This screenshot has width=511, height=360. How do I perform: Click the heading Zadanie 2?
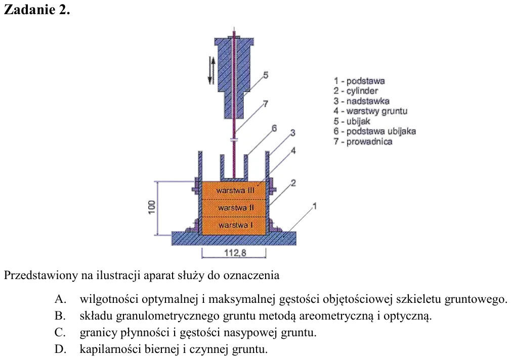[x=37, y=10]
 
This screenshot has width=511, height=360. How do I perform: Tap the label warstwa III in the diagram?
[x=235, y=191]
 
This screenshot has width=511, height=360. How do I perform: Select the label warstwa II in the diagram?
[x=236, y=207]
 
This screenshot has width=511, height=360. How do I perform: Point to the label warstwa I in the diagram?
[x=235, y=225]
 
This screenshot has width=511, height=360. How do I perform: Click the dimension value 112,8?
[x=235, y=252]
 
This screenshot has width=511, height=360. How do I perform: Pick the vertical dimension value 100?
[x=152, y=207]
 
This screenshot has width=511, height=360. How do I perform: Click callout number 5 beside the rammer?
[x=266, y=75]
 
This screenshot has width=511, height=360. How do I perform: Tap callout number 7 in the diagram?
[x=266, y=104]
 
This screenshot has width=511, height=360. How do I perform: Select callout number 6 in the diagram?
[x=274, y=128]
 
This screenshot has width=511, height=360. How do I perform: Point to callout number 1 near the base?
[x=315, y=206]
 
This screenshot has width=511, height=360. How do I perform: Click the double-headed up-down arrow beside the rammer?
[x=212, y=70]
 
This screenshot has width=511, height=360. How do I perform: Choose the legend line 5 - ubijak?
[x=352, y=121]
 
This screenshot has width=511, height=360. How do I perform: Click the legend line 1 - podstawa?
[x=359, y=81]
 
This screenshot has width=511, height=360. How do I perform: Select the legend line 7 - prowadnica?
[x=363, y=142]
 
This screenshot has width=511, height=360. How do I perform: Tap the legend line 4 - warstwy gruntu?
[x=370, y=111]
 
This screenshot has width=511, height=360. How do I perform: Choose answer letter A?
[x=61, y=299]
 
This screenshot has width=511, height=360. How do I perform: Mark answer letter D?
[x=61, y=349]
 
